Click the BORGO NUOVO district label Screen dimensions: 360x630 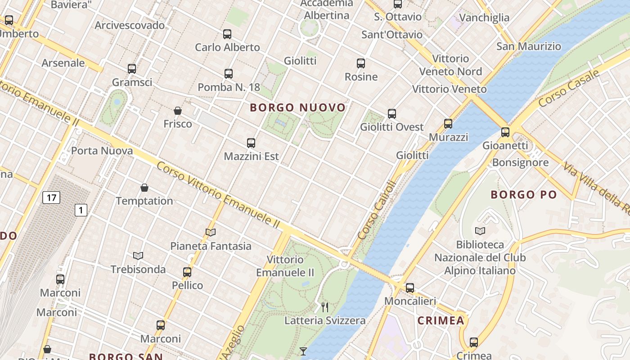[x=297, y=108]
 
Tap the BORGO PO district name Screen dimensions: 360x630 [x=524, y=195]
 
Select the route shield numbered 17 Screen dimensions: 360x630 [x=51, y=197]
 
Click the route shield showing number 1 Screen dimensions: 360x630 [x=81, y=210]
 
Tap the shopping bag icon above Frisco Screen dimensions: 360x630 [x=178, y=111]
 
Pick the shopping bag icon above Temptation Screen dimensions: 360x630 [x=144, y=188]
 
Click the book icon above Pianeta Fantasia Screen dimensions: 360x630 [x=211, y=233]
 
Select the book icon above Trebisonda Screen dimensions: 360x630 [x=138, y=256]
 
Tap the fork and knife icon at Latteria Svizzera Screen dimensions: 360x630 [x=325, y=307]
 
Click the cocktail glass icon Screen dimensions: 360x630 [x=303, y=351]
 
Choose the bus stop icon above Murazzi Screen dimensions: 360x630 [x=448, y=124]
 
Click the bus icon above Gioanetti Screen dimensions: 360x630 [x=505, y=132]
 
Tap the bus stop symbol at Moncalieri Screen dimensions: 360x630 [x=410, y=288]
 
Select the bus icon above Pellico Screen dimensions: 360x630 [x=187, y=272]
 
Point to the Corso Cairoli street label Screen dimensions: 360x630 [x=375, y=210]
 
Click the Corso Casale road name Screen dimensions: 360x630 [x=569, y=89]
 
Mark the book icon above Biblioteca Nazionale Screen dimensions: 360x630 [x=480, y=231]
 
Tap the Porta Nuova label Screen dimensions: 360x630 [x=102, y=151]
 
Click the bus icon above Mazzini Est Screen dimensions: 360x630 [x=251, y=144]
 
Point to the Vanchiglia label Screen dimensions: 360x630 [x=484, y=18]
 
